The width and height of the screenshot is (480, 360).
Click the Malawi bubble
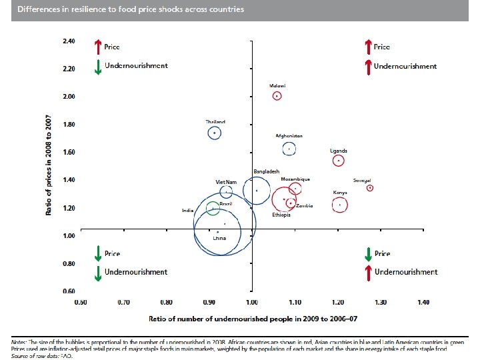click(277, 96)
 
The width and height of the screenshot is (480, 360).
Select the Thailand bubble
click(215, 133)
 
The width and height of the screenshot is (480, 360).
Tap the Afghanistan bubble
click(289, 149)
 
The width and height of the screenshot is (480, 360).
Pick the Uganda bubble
click(339, 161)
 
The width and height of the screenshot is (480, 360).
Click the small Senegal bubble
click(370, 188)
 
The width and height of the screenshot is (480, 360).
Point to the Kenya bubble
click(339, 204)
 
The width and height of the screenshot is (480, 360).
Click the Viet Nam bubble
click(226, 192)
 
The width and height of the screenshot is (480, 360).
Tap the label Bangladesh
click(265, 172)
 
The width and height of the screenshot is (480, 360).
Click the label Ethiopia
click(281, 215)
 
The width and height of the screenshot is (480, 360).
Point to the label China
click(219, 238)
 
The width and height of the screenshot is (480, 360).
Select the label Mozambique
click(295, 179)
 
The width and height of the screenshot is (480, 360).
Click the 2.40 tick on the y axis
click(69, 41)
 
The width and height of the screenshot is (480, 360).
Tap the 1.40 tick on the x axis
click(423, 302)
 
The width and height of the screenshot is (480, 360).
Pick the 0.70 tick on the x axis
click(123, 302)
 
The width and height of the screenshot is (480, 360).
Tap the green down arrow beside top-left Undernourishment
click(97, 67)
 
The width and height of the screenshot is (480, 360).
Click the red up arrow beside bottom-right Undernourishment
click(367, 272)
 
